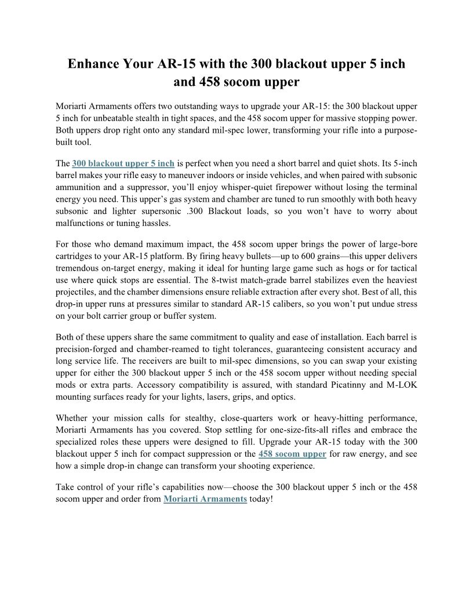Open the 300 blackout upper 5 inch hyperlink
click(x=123, y=163)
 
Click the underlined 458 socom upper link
click(x=292, y=453)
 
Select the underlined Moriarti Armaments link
click(x=205, y=498)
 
